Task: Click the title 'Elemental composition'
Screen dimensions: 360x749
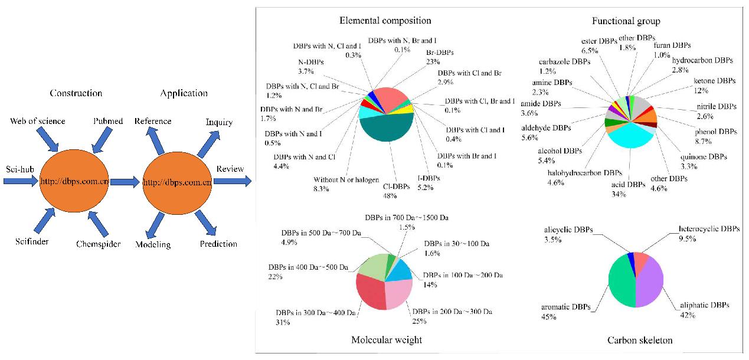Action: click(385, 21)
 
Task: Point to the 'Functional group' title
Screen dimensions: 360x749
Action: click(632, 21)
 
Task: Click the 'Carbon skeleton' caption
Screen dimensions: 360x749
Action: click(640, 340)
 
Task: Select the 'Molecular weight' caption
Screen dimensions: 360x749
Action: click(386, 339)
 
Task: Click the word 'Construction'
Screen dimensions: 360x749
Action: click(76, 93)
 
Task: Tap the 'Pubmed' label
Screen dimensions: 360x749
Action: click(108, 121)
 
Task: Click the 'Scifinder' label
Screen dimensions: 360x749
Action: click(32, 241)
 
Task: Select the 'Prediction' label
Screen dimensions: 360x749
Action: click(218, 244)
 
